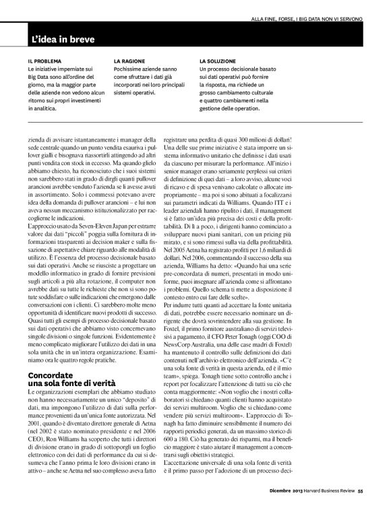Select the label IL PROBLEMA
tap(44, 61)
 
